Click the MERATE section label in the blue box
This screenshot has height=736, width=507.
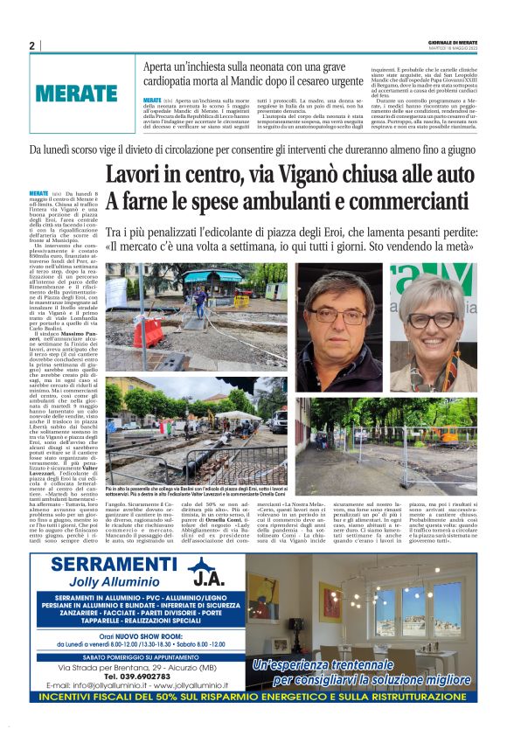coord(77,93)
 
